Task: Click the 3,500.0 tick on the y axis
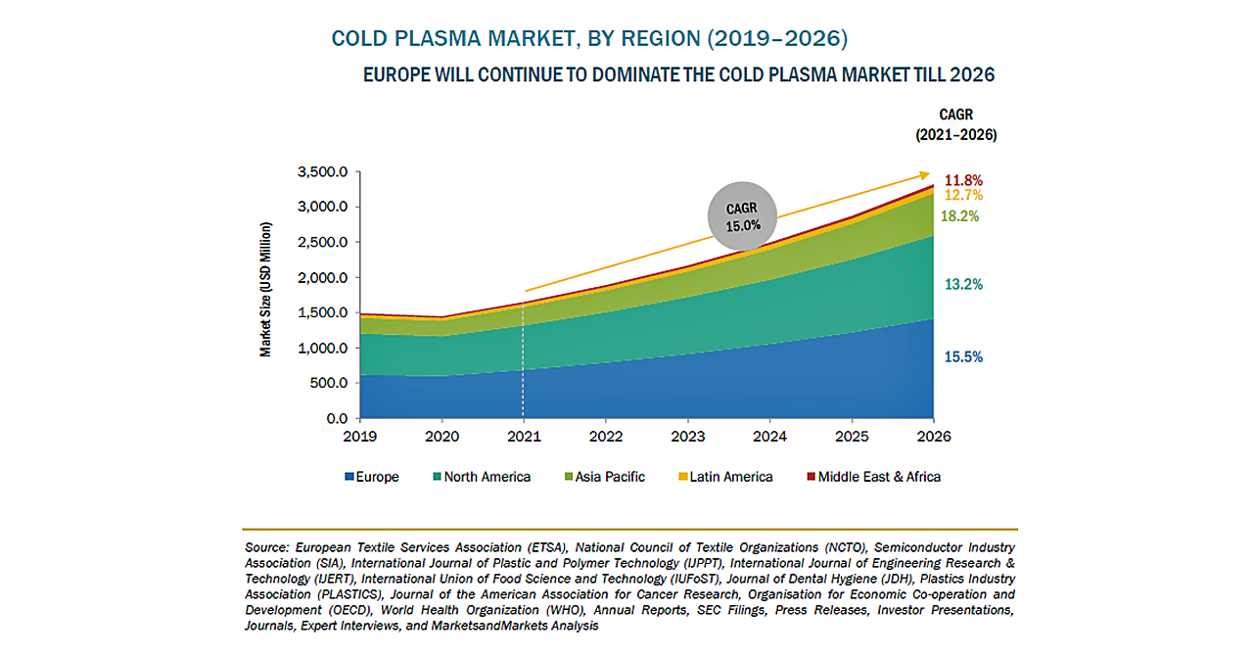coord(321,172)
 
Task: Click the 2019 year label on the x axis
coord(360,436)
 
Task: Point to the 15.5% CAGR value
coord(964,357)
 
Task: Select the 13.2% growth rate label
coord(964,285)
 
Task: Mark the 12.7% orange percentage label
coord(964,196)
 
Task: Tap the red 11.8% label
coord(964,180)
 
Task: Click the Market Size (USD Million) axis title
coord(266,289)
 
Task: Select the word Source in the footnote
coord(266,546)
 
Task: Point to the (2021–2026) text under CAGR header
coord(955,135)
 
